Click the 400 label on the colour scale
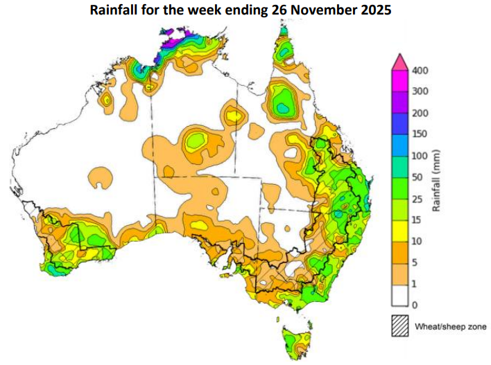pos(420,70)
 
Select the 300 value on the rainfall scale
pos(420,91)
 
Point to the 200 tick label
pos(420,113)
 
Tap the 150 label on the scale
pos(420,134)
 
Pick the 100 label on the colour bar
pos(420,156)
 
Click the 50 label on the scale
pos(418,177)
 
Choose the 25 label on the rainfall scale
pos(418,199)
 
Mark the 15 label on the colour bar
pos(418,220)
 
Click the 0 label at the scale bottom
pos(416,305)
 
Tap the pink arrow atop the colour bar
pos(400,63)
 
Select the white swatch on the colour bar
pos(400,294)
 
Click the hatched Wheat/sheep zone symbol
pos(400,326)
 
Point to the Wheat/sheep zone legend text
pos(449,326)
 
